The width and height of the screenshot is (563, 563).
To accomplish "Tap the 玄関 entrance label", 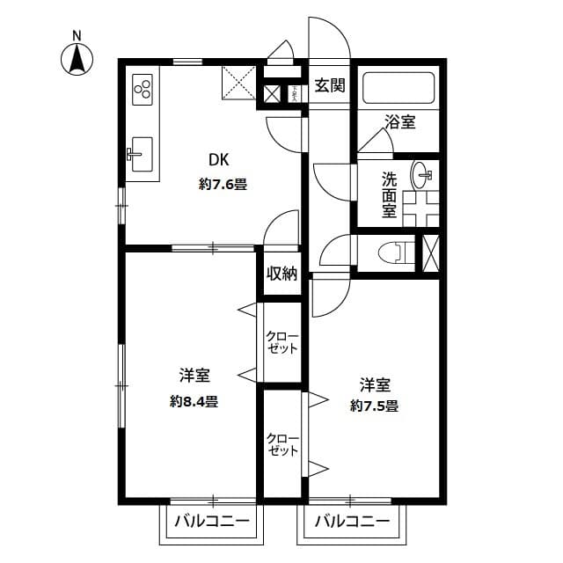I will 331,85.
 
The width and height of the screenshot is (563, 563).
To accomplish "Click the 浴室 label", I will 400,122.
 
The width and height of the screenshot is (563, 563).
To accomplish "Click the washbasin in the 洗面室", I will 422,173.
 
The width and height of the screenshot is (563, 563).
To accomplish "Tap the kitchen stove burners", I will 143,87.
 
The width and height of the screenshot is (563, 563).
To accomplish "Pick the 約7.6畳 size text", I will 222,185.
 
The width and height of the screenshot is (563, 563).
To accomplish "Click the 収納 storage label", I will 282,274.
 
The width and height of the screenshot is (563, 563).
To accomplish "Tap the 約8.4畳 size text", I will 195,401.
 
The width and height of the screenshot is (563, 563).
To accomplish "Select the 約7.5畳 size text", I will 374,406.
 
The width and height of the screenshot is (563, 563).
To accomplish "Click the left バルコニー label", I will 211,521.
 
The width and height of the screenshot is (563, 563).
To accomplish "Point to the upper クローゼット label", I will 282,342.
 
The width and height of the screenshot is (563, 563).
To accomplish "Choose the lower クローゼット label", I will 282,443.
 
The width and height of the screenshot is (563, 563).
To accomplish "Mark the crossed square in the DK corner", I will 238,84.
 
